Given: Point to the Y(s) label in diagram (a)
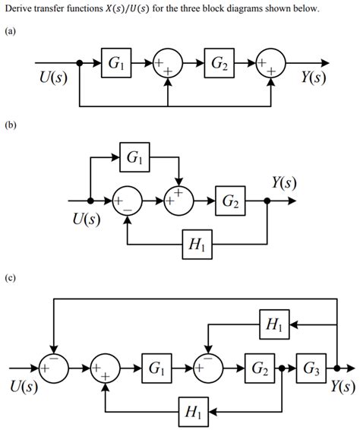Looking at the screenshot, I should [311, 79].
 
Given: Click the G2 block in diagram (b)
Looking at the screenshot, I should [231, 201].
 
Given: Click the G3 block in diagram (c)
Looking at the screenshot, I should [312, 369].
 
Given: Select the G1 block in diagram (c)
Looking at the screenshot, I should [156, 369].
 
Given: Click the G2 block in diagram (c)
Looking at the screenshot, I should [259, 369].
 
